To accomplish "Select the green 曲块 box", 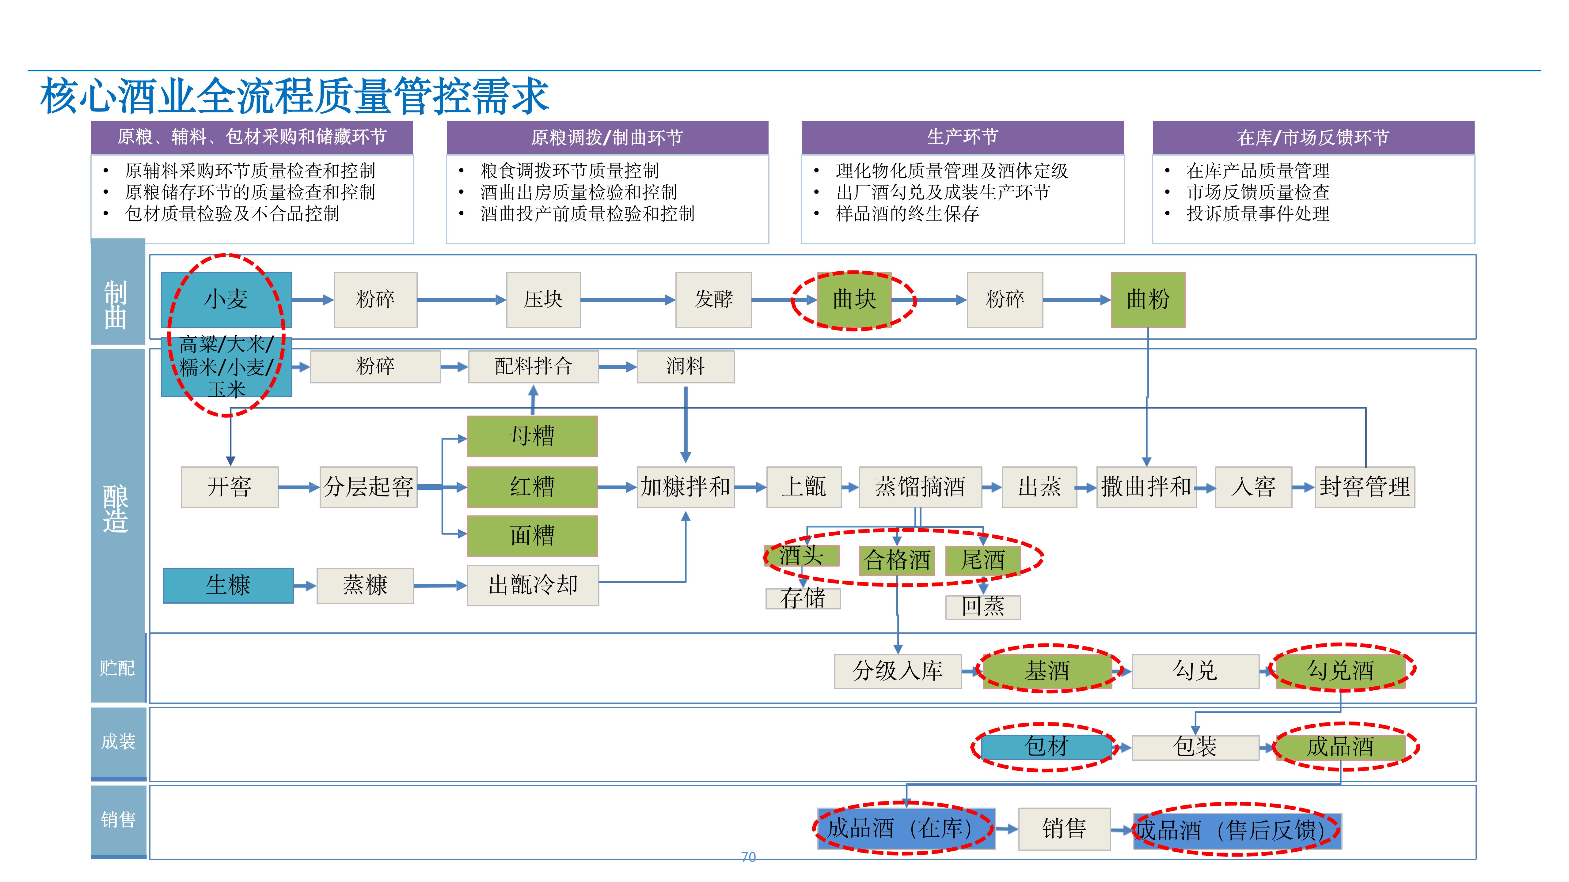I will pyautogui.click(x=854, y=300).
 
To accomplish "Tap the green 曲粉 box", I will pyautogui.click(x=1148, y=300).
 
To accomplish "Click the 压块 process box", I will pyautogui.click(x=543, y=300).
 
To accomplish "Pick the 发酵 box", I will pyautogui.click(x=713, y=300).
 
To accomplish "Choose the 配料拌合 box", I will pyautogui.click(x=533, y=367).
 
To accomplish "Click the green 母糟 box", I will pyautogui.click(x=532, y=436).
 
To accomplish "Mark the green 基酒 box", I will pyautogui.click(x=1047, y=671).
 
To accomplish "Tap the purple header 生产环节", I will pyautogui.click(x=962, y=137).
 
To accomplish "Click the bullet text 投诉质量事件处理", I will pyautogui.click(x=1258, y=214).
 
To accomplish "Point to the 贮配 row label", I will pyautogui.click(x=117, y=668).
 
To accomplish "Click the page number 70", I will pyautogui.click(x=748, y=857).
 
